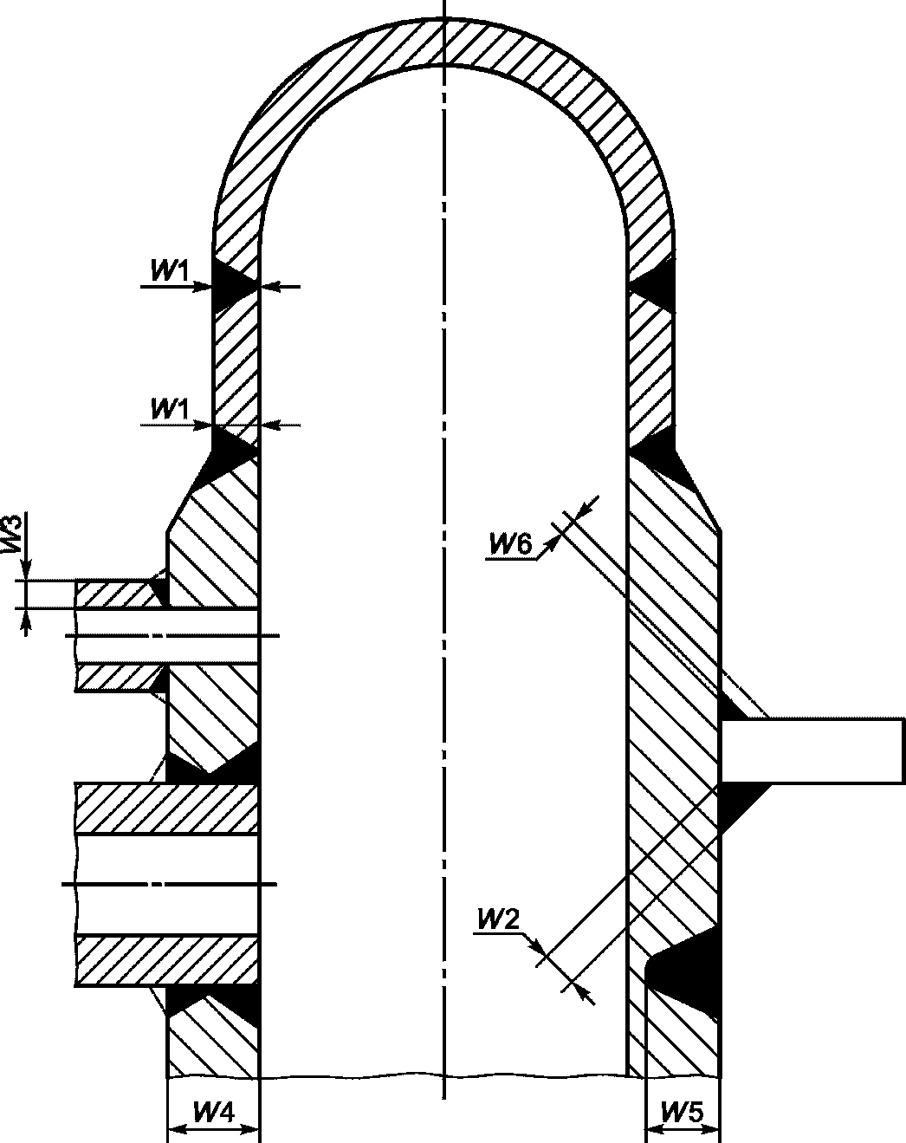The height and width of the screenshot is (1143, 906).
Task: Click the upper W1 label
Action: click(x=170, y=271)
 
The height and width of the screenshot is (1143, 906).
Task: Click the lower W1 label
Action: click(x=170, y=409)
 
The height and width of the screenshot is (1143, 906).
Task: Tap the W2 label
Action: click(x=499, y=919)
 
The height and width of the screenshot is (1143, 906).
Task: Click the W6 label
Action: click(x=510, y=544)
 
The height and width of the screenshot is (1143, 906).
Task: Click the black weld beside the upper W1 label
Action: click(x=231, y=285)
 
